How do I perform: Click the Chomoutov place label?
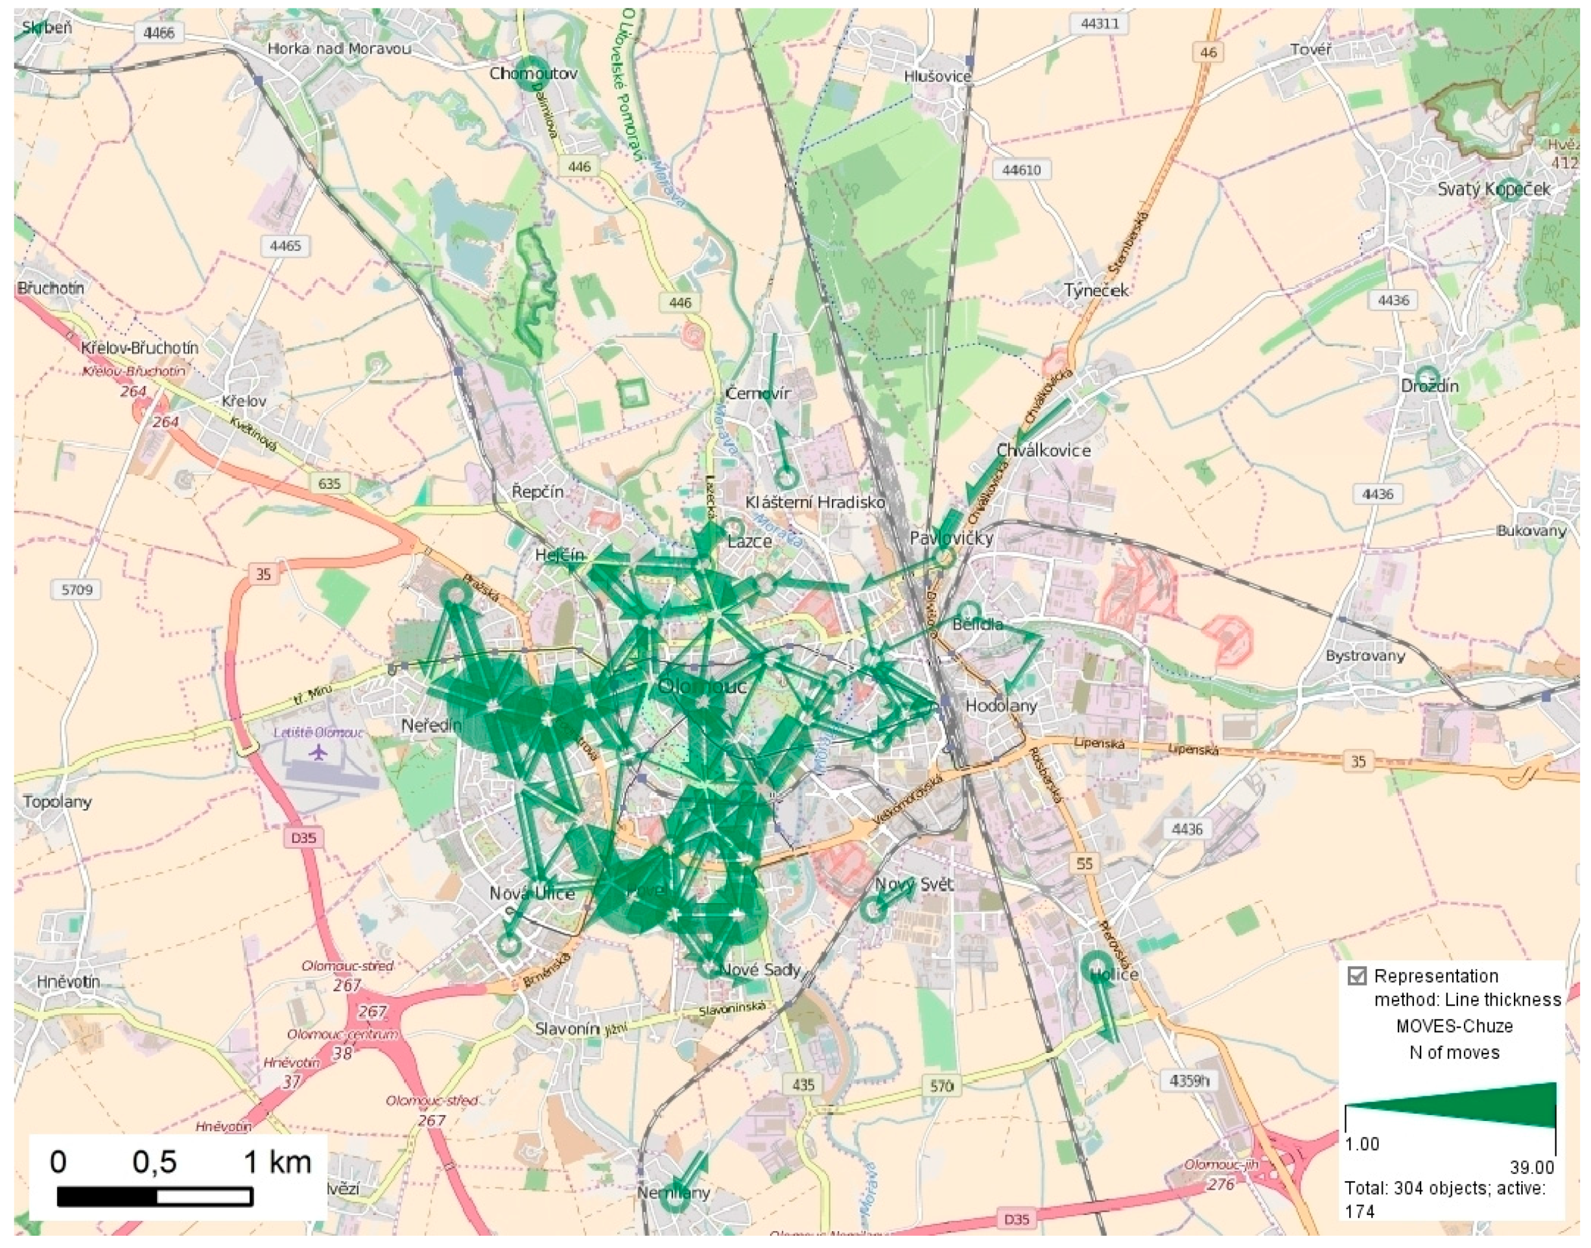[x=534, y=73]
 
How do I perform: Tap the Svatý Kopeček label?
[x=1493, y=189]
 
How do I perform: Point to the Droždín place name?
[x=1429, y=386]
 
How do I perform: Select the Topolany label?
[x=57, y=801]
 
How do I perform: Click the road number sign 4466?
[x=159, y=33]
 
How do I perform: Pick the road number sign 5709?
[x=77, y=589]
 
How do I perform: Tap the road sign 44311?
[x=1100, y=23]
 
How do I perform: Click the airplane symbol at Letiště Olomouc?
[x=318, y=751]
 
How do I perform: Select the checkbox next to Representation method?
[x=1356, y=976]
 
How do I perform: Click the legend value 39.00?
[x=1532, y=1167]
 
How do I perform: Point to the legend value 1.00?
[x=1362, y=1144]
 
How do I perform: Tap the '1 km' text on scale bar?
[x=277, y=1161]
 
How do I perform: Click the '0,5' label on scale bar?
[x=154, y=1161]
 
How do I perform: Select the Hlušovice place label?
[x=937, y=76]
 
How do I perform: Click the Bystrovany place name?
[x=1365, y=655]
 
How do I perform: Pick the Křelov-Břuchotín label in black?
[x=139, y=347]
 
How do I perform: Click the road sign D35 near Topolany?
[x=303, y=838]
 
